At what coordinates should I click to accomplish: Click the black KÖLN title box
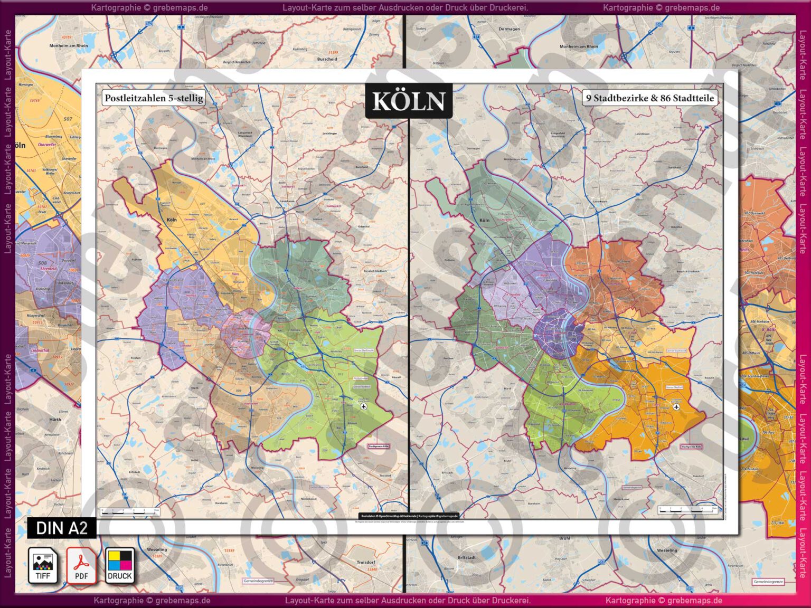tap(409, 101)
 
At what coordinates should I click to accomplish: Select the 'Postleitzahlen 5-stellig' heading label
tap(154, 98)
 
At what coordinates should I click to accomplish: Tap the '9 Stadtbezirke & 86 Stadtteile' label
tap(650, 98)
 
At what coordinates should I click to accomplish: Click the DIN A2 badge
tap(62, 528)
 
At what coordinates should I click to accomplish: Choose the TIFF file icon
tap(43, 565)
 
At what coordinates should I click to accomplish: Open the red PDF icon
tap(81, 565)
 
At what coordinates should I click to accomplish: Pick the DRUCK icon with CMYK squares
tap(120, 565)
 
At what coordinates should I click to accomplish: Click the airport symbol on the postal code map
tap(363, 406)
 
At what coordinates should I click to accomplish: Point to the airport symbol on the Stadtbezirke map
tap(676, 406)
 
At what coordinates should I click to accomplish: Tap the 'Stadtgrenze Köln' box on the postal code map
tap(378, 446)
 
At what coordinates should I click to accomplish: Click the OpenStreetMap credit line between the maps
tap(409, 516)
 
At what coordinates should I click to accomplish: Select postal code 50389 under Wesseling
tap(156, 556)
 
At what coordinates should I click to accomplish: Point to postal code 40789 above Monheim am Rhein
tap(66, 37)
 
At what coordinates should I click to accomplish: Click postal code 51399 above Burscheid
tap(333, 53)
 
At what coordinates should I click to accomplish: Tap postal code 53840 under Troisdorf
tap(372, 569)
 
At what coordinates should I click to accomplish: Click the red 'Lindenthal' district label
tap(40, 350)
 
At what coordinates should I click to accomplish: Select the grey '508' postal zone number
tap(43, 263)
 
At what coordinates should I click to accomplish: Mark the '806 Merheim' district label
tap(759, 321)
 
